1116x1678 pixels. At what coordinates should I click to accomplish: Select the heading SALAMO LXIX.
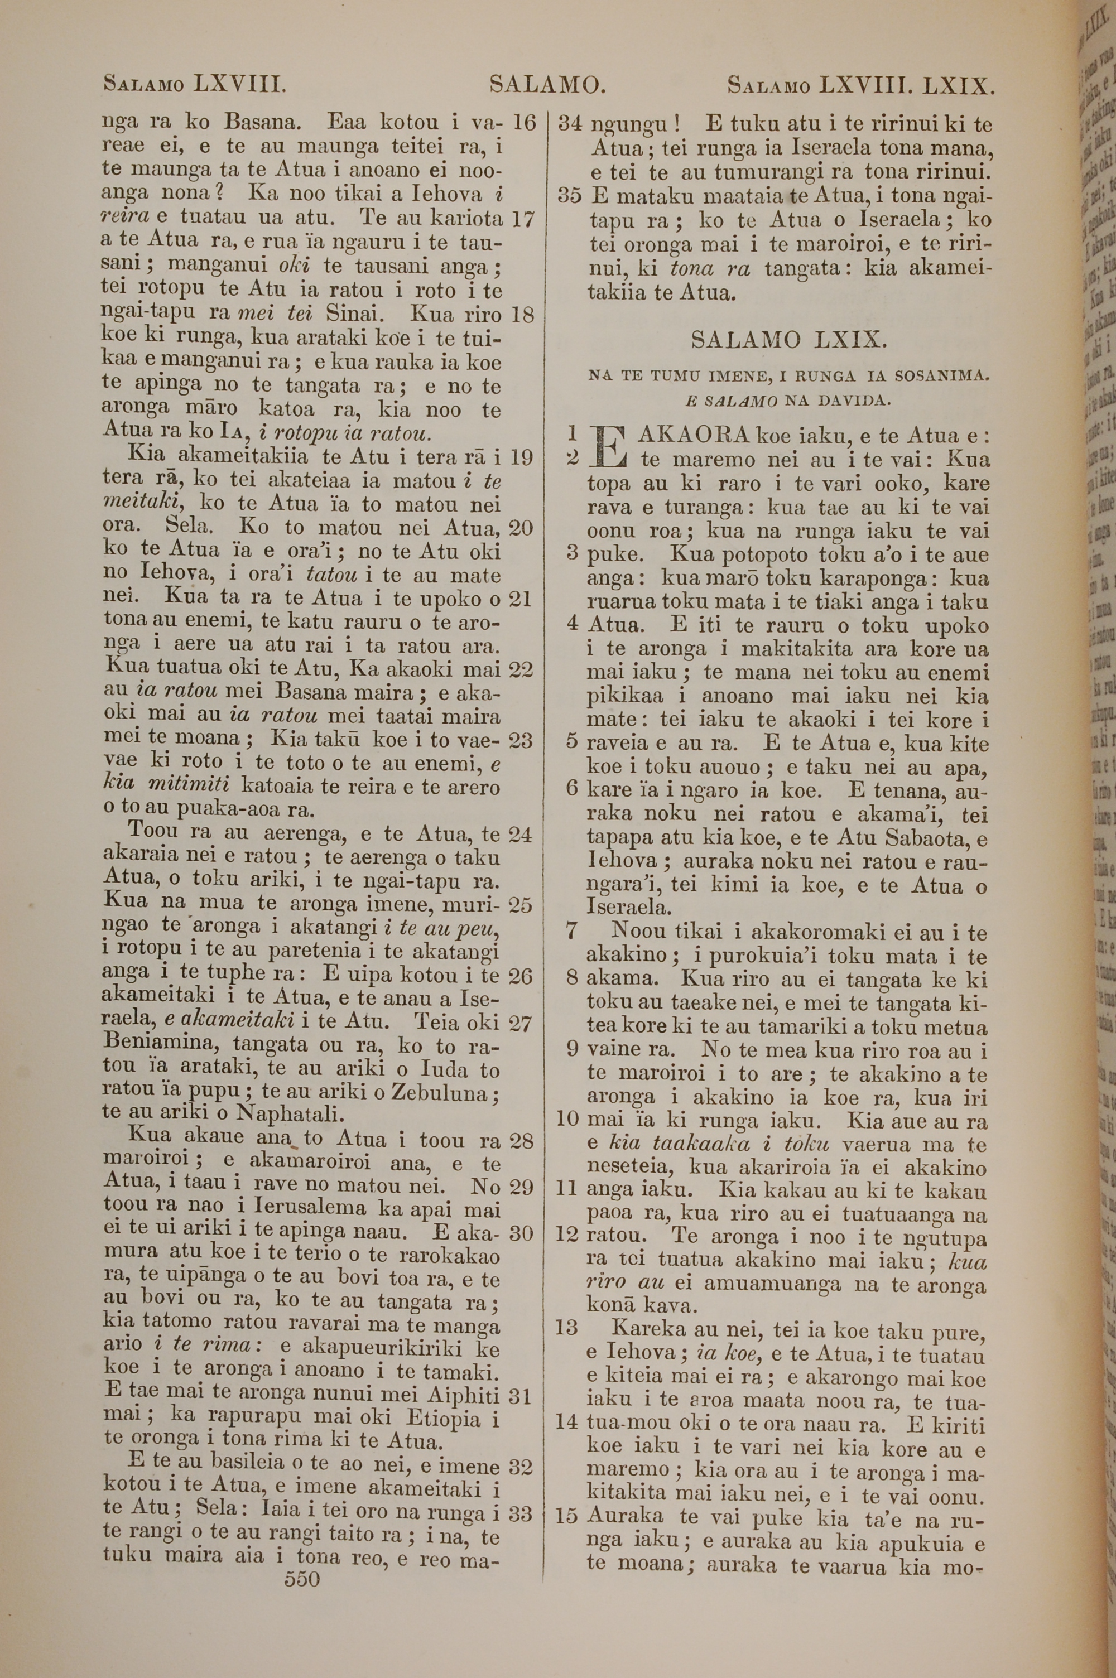[x=788, y=340]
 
